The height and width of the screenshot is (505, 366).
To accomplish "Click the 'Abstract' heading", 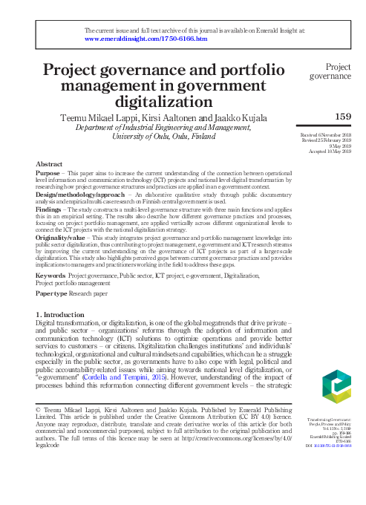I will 49,163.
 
